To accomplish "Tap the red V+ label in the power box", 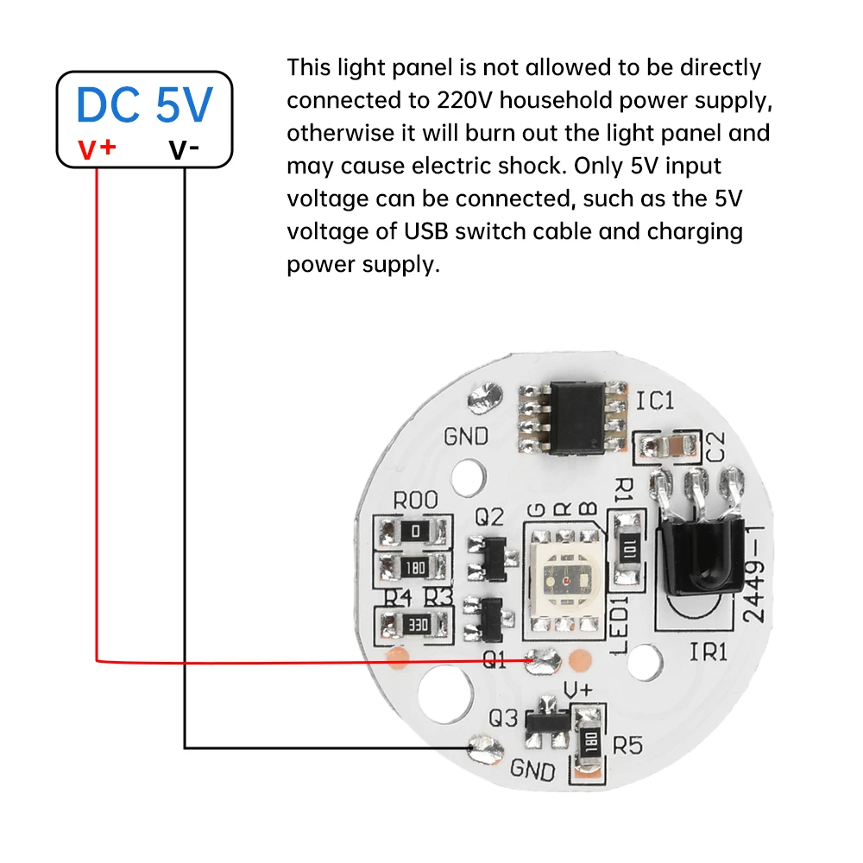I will (x=97, y=148).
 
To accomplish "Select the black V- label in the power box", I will (x=184, y=149).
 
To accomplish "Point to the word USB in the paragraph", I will (x=425, y=231).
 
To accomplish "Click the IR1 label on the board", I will (x=709, y=652).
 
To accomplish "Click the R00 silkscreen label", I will (x=415, y=501).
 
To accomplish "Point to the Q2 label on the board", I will (x=488, y=517).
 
